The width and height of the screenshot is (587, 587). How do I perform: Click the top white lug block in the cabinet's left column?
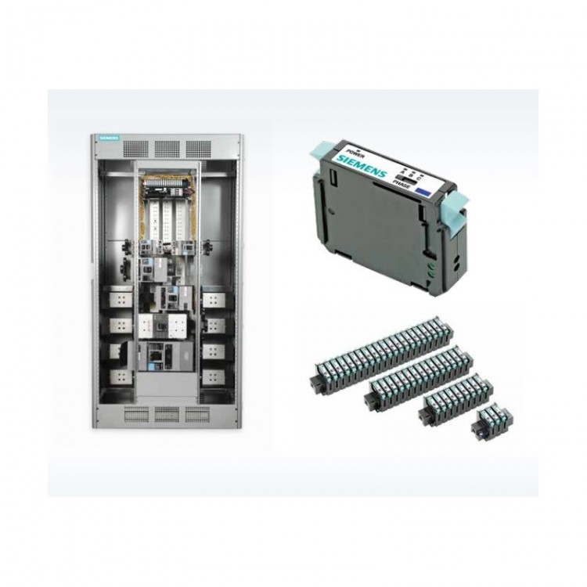click(119, 298)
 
